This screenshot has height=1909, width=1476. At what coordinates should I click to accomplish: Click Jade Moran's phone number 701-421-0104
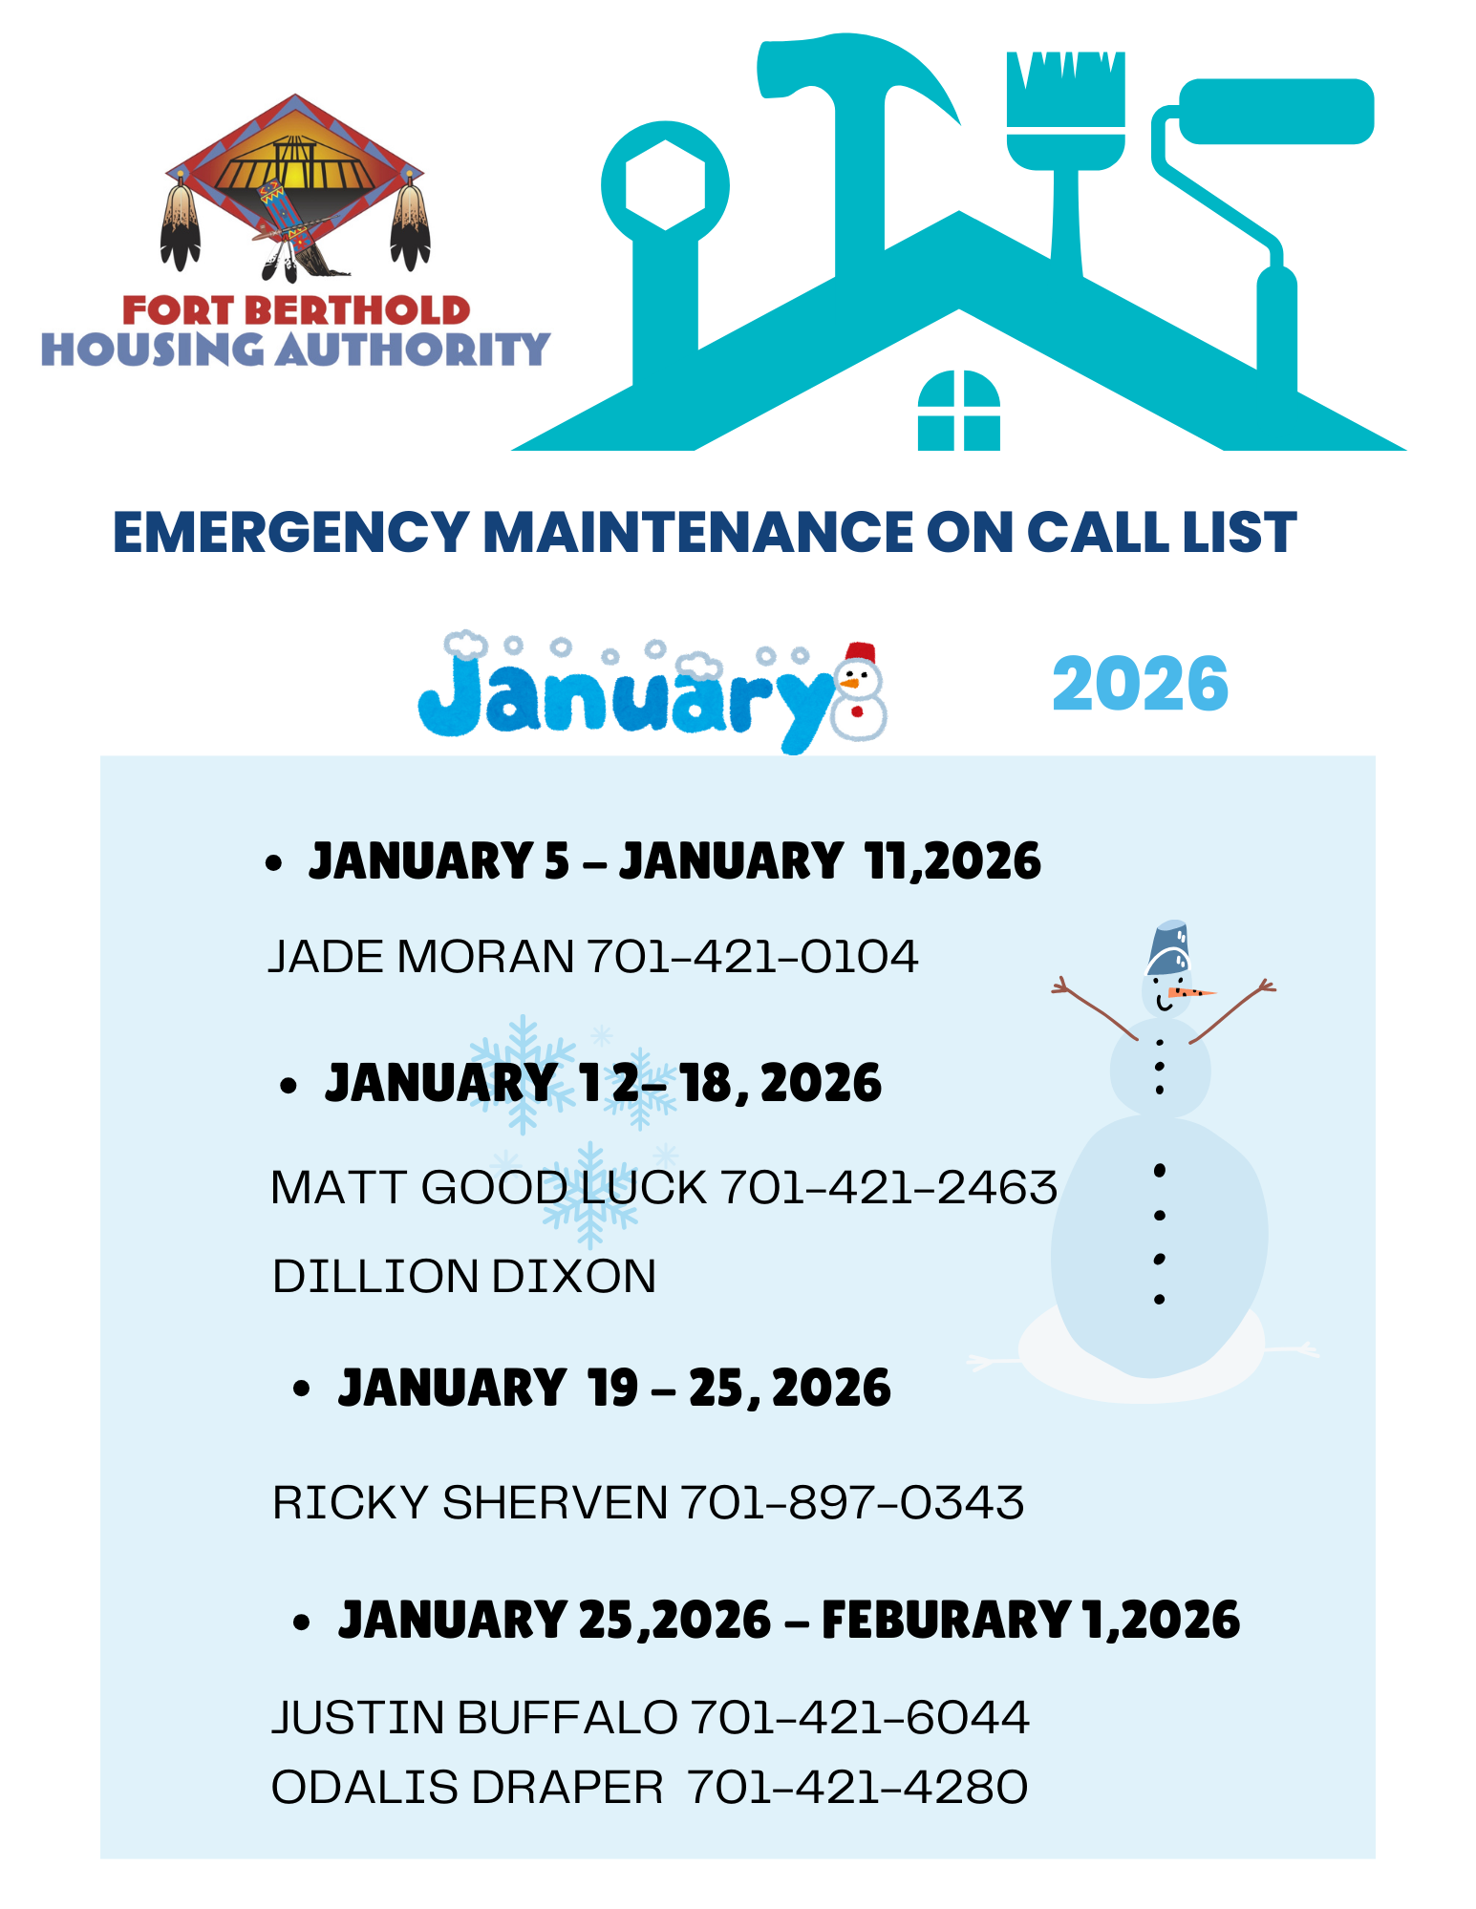(x=752, y=956)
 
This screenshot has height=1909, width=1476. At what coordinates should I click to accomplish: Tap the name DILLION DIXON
(x=464, y=1276)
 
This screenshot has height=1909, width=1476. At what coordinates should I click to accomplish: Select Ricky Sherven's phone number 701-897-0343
(x=852, y=1502)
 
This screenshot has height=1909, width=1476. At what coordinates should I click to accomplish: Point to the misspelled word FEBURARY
(x=946, y=1620)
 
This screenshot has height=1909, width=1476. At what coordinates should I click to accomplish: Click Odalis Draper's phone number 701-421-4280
(x=858, y=1787)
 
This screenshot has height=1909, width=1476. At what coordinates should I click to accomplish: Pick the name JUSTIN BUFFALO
(x=475, y=1717)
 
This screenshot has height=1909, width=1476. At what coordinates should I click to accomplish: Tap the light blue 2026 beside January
(x=1140, y=685)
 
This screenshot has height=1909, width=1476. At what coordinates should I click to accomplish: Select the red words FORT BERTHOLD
(x=296, y=310)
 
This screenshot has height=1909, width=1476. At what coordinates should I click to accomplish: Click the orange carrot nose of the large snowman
(x=1190, y=993)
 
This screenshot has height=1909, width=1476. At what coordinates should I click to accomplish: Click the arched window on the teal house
(x=958, y=411)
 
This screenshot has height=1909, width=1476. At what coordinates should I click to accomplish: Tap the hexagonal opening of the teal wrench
(x=665, y=185)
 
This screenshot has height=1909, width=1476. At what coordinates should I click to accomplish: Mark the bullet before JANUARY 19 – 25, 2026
(x=302, y=1389)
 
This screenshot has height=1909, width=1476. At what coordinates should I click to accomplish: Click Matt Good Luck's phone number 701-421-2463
(x=888, y=1187)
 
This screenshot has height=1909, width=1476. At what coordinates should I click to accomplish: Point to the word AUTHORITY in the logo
(x=414, y=350)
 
